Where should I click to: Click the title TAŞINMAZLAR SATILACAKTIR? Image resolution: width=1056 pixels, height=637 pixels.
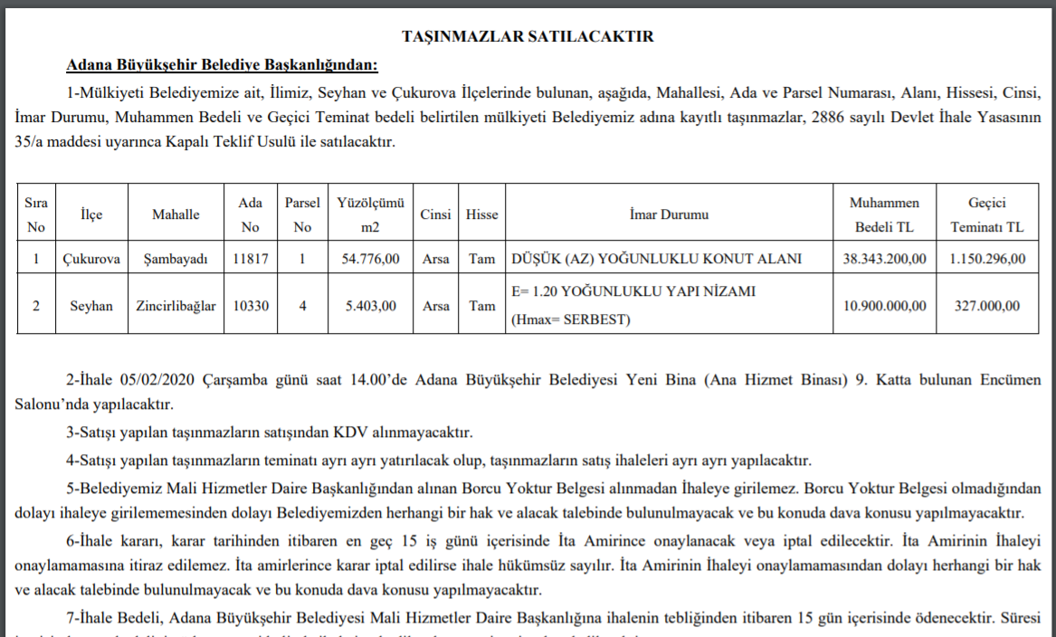528,36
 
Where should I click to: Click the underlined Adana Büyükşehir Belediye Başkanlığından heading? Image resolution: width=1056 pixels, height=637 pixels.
222,65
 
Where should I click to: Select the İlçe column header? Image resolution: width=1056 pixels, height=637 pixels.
91,215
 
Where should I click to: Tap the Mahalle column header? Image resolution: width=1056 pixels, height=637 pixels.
176,215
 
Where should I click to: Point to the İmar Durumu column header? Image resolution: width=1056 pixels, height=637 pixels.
669,215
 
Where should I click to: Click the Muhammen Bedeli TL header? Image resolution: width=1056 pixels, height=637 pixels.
884,215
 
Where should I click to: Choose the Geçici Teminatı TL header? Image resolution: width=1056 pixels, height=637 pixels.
987,215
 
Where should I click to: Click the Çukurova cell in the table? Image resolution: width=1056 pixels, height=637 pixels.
91,259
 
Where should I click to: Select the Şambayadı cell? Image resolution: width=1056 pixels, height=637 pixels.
176,259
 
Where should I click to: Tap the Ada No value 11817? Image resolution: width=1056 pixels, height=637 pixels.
250,259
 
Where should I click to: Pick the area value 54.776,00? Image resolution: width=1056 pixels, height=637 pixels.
369,259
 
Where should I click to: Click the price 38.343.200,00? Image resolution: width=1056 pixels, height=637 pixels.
884,259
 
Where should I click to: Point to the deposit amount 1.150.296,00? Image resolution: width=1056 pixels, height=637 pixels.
987,259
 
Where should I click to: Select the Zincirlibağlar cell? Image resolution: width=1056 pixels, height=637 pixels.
176,306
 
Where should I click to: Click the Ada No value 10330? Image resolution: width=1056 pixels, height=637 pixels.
250,306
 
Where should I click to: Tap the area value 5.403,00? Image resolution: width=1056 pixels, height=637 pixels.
369,306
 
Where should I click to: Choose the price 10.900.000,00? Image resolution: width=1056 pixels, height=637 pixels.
884,306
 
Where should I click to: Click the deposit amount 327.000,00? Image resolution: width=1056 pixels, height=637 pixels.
987,306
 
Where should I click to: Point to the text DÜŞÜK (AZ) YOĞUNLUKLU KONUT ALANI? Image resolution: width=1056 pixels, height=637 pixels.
656,259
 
